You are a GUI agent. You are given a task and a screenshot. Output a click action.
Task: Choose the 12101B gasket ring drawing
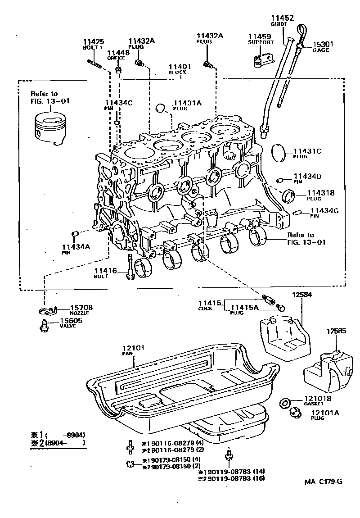click(285, 402)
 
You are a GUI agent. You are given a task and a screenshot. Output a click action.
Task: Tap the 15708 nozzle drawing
click(46, 311)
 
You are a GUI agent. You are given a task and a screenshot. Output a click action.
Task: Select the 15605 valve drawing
click(44, 325)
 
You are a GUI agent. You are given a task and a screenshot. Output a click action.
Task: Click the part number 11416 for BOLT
click(105, 270)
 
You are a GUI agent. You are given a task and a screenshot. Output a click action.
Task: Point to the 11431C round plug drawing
click(280, 153)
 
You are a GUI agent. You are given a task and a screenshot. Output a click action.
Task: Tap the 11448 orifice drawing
click(119, 71)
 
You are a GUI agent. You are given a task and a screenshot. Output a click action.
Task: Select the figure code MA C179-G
click(323, 481)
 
